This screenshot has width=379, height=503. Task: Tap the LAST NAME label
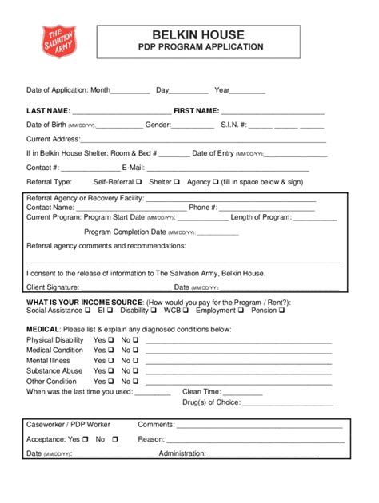[x=48, y=111]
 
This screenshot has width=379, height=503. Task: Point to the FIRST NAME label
[x=196, y=111]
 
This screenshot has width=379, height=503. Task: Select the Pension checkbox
[x=281, y=311]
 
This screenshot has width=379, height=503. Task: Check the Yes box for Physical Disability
[x=112, y=339]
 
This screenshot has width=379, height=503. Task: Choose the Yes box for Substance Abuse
[x=112, y=370]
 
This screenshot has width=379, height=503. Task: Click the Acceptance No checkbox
[x=115, y=439]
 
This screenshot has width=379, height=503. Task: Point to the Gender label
[x=158, y=125]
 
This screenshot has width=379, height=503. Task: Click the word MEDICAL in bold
[x=42, y=329]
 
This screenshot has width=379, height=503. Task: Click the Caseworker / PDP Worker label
[x=68, y=425]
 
